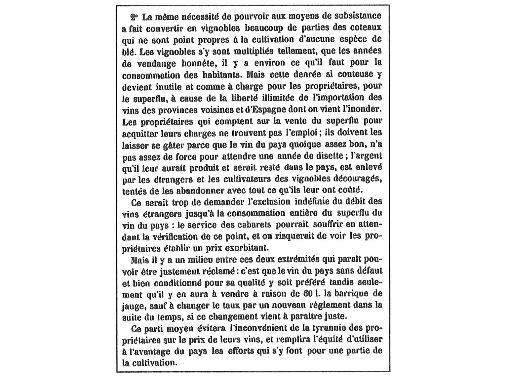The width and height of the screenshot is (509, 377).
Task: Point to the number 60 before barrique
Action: (x=308, y=294)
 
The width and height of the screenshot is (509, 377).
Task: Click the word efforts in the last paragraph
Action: (x=241, y=351)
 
